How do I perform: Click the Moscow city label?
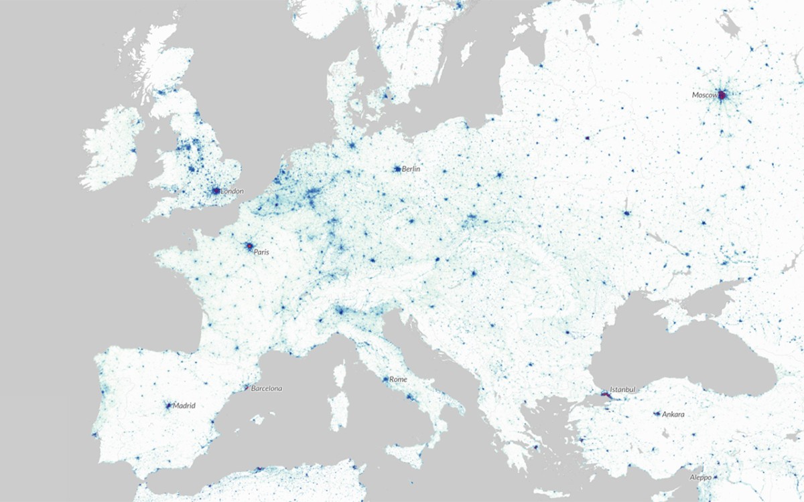coord(704,95)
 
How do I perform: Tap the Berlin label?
coord(411,169)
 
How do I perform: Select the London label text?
coord(232,191)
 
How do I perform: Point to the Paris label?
coord(261,252)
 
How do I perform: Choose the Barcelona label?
coord(266,388)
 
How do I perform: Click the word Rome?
coord(398,380)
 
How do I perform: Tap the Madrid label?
coord(184,406)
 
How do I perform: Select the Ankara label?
coord(673,415)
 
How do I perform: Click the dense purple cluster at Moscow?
coord(722,96)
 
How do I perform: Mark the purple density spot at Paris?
coord(249,247)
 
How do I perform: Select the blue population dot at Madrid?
coord(168,405)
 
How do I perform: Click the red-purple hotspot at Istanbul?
coord(606,396)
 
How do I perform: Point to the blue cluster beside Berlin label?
coord(397,169)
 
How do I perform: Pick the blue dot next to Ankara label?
coord(657,414)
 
